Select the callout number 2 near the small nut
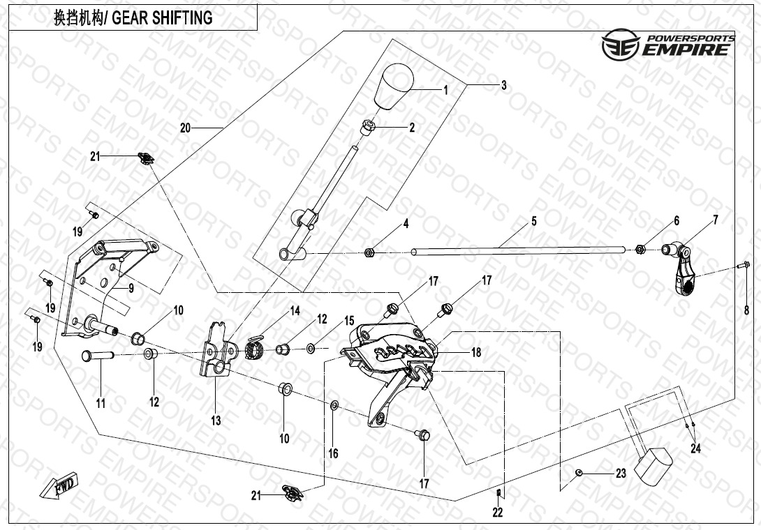(412, 128)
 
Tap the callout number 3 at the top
(503, 86)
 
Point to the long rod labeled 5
(517, 250)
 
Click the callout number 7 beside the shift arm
(715, 221)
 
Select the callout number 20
(184, 128)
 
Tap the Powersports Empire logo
(668, 45)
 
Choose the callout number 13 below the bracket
(216, 421)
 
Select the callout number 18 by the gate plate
(476, 353)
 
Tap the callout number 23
(621, 474)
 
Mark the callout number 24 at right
(695, 448)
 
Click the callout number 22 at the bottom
(497, 513)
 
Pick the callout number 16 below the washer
(333, 454)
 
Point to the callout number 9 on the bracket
(131, 287)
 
